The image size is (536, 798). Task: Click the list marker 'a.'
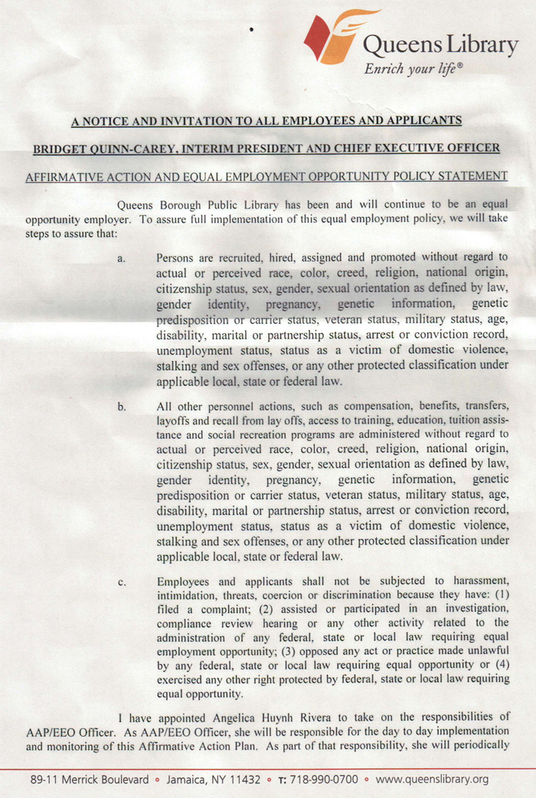pyautogui.click(x=122, y=258)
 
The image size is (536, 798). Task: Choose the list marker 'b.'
pyautogui.click(x=122, y=407)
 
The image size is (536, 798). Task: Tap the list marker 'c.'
pyautogui.click(x=122, y=583)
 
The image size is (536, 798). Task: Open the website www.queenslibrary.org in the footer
pyautogui.click(x=432, y=780)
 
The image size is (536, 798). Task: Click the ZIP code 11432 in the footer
pyautogui.click(x=243, y=780)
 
